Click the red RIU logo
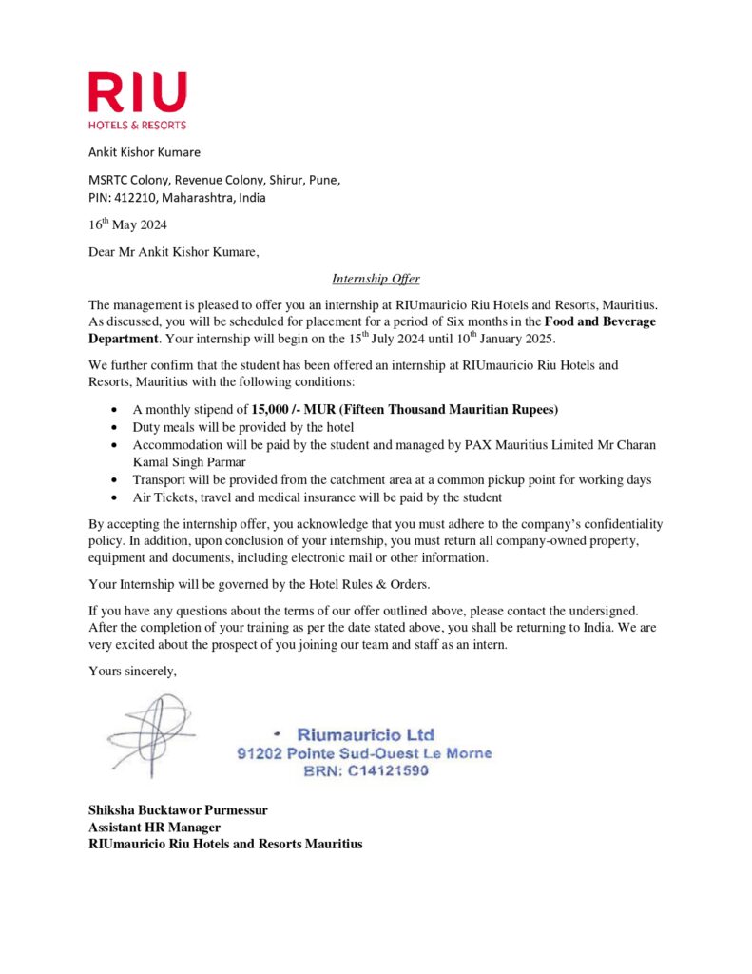point(137,92)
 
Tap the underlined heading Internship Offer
point(376,279)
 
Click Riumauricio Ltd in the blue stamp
point(366,734)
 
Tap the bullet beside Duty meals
point(115,427)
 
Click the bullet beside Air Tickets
point(115,497)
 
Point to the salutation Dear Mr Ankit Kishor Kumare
point(173,252)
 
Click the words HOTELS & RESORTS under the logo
point(137,125)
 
